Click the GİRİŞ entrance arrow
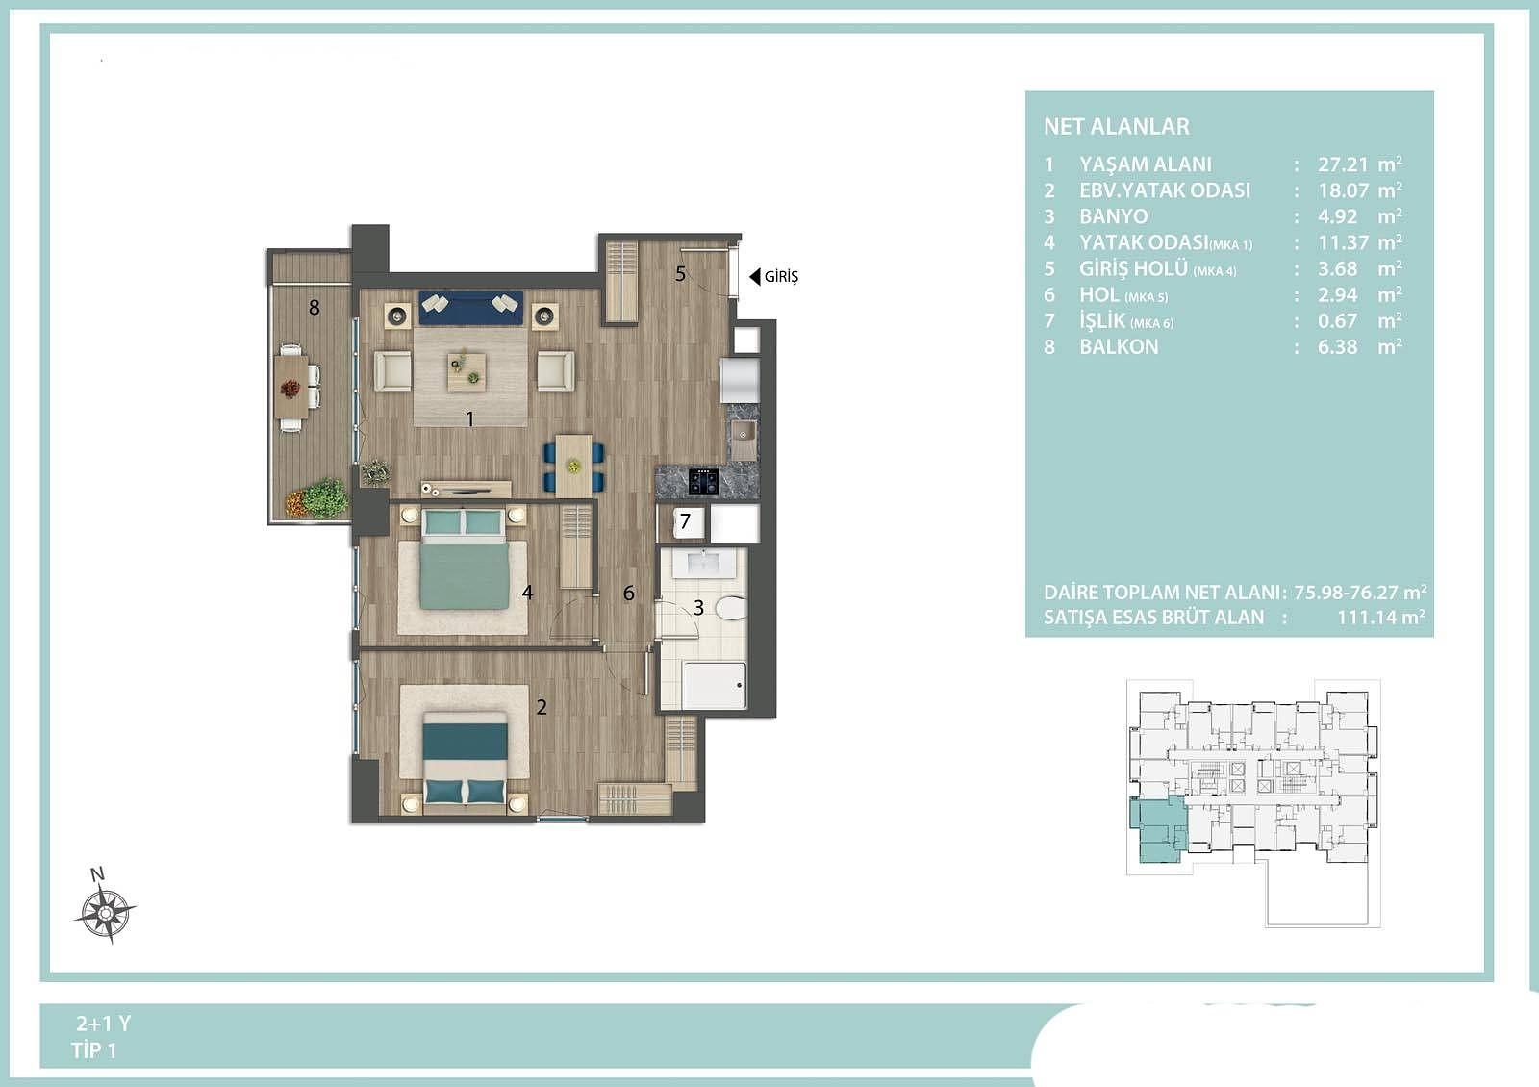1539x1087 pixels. point(754,277)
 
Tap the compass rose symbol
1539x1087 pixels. point(105,913)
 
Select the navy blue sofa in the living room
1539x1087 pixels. point(471,307)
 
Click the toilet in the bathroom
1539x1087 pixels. point(731,607)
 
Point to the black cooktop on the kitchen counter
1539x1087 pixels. point(703,481)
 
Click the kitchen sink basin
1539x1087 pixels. point(743,432)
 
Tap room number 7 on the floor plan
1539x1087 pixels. point(684,520)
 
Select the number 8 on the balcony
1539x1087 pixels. point(314,307)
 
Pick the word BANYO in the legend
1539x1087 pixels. point(1113,216)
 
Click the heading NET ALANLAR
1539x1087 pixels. point(1117,126)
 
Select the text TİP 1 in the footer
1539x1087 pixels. point(94,1050)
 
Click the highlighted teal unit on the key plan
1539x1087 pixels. point(1158,829)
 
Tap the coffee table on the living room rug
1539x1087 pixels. point(467,371)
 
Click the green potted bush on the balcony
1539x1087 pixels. point(325,498)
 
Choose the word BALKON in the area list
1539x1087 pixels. point(1119,347)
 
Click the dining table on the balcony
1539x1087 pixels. point(291,386)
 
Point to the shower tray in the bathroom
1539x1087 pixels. point(714,685)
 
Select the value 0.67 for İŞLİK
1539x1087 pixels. point(1337,321)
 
